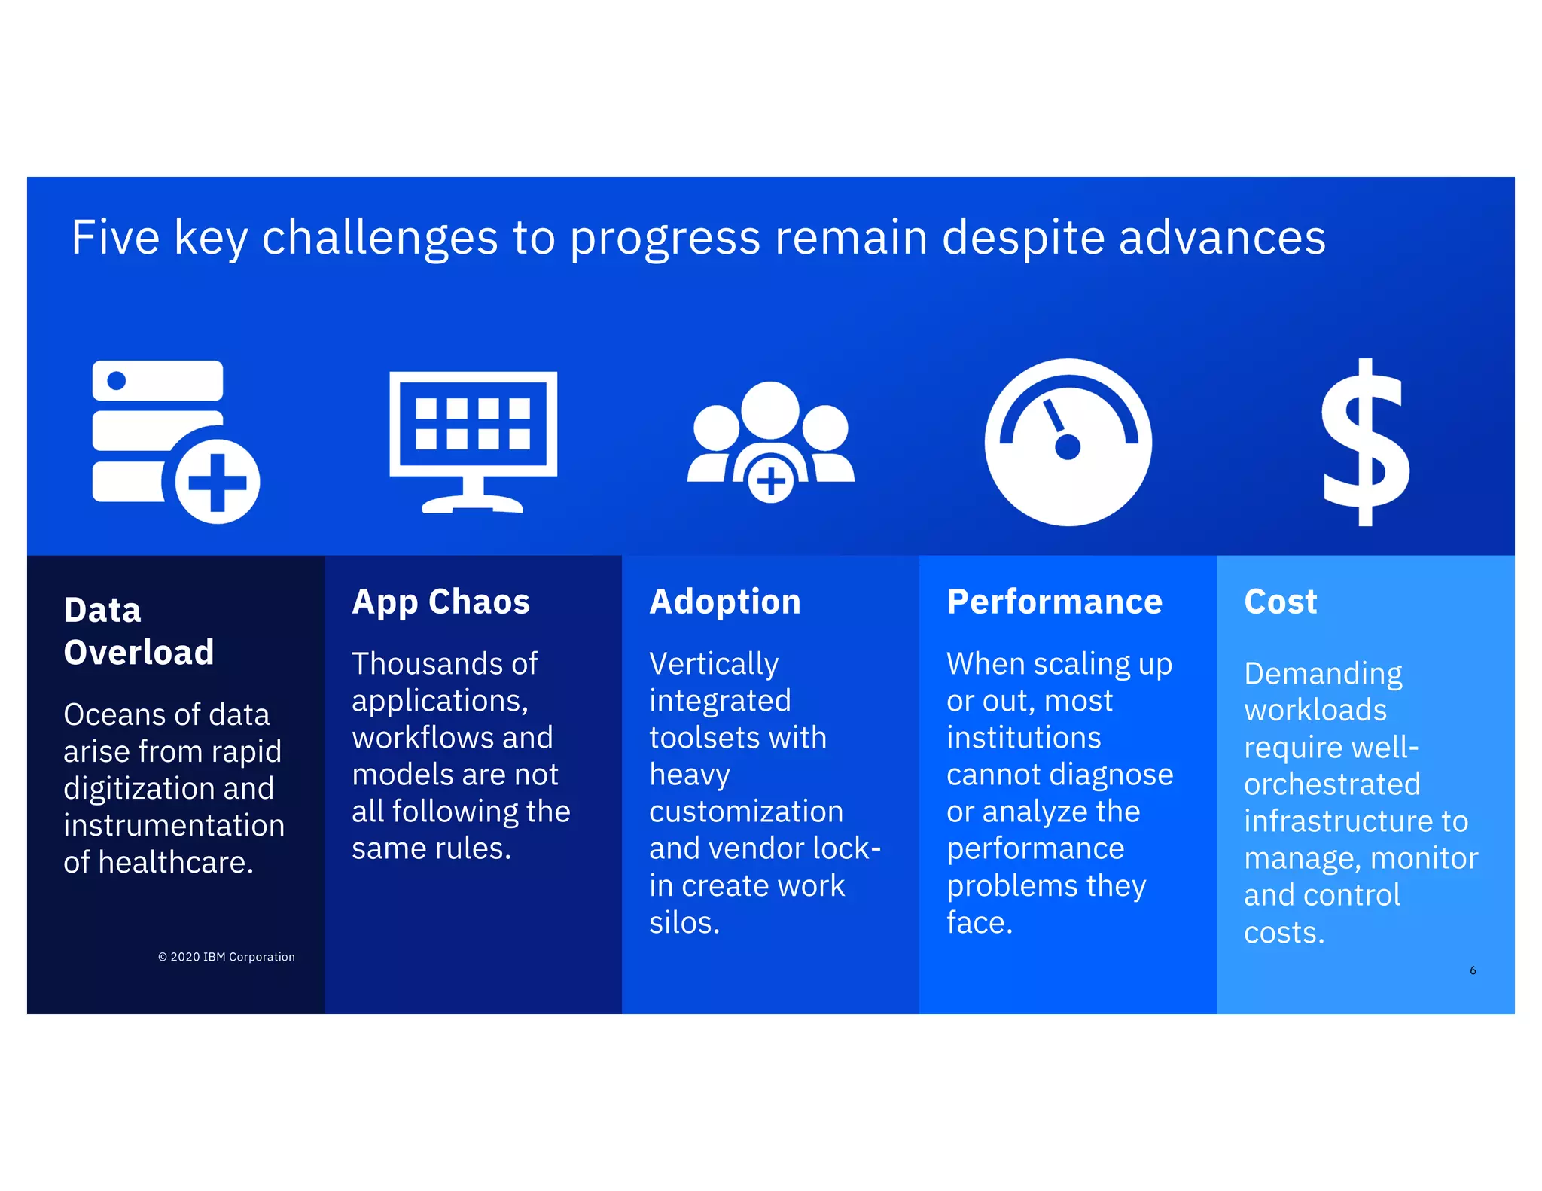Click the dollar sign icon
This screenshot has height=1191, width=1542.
click(1365, 443)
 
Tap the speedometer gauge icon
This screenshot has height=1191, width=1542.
click(1068, 443)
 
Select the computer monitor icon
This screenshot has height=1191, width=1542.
click(473, 441)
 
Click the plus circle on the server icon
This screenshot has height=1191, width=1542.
click(218, 483)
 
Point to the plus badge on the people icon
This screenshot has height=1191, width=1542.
click(770, 481)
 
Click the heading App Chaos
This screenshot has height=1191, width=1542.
click(440, 602)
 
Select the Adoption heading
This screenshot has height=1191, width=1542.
click(724, 602)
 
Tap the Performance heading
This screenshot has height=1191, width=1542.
click(1054, 602)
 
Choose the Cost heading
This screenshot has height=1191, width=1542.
click(1280, 602)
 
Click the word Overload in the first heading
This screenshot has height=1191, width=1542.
click(139, 652)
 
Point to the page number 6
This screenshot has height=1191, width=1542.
click(1473, 970)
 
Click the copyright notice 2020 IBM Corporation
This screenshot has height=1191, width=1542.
click(227, 957)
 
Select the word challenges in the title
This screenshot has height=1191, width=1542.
click(379, 238)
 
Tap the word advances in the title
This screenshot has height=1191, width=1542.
click(1221, 238)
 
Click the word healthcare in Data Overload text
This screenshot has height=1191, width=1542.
click(175, 863)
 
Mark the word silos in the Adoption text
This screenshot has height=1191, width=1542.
click(683, 923)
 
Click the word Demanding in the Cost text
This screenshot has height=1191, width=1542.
click(1322, 674)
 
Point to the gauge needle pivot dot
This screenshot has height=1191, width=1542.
click(1068, 447)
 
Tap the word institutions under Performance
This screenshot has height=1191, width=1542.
click(1023, 738)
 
